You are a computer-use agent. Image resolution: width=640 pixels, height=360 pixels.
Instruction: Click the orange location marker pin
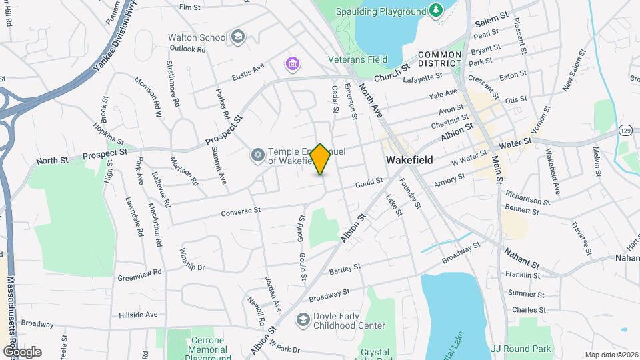click(321, 159)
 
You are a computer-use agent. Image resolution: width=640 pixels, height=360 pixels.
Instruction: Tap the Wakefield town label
click(409, 160)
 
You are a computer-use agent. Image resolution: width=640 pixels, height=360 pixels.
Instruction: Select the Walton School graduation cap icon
click(238, 37)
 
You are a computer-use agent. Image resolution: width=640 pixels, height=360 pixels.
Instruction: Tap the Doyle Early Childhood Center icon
click(303, 321)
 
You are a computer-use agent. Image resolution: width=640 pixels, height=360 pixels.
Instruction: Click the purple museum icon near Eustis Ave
click(291, 64)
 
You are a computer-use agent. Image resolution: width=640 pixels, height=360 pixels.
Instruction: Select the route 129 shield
click(625, 129)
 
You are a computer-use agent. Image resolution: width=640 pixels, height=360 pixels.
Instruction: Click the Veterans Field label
click(357, 59)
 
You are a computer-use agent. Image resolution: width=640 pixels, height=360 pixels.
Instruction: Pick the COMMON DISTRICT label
click(440, 59)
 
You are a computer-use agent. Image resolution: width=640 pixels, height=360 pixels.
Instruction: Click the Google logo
click(22, 351)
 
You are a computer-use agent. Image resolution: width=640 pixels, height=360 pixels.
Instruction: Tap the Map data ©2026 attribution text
click(611, 355)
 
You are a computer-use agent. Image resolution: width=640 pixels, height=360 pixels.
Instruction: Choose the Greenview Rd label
click(140, 272)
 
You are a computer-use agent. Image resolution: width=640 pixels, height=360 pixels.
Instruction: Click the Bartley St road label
click(344, 267)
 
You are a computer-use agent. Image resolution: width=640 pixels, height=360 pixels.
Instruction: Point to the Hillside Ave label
click(138, 314)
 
